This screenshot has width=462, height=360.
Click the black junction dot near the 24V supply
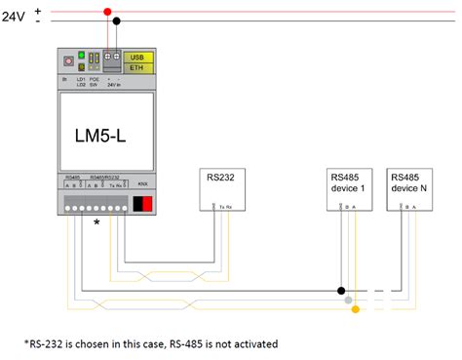(116, 20)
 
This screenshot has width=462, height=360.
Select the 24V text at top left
(16, 17)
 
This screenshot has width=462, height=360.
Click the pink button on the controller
(67, 60)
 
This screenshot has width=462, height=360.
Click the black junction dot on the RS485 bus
(341, 290)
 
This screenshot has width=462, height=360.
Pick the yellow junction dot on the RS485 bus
(356, 309)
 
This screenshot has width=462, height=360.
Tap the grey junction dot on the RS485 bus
(348, 300)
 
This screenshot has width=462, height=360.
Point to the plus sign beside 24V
(38, 10)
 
